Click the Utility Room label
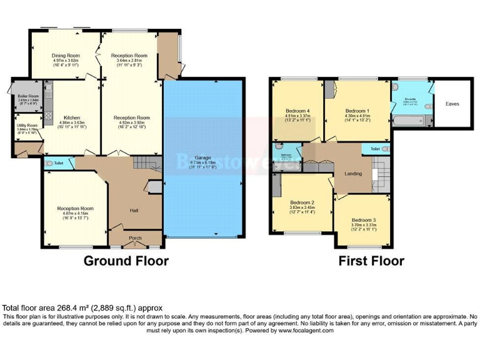point(27,126)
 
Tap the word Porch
point(135,238)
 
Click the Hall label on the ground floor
point(134,210)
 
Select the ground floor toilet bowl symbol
point(50,163)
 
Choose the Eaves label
point(452,104)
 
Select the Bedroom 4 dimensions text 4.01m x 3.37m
point(298,116)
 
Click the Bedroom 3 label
point(364,220)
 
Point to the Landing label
point(354,173)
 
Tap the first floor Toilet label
point(375,149)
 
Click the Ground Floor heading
point(126,261)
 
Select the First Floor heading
point(371,261)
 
